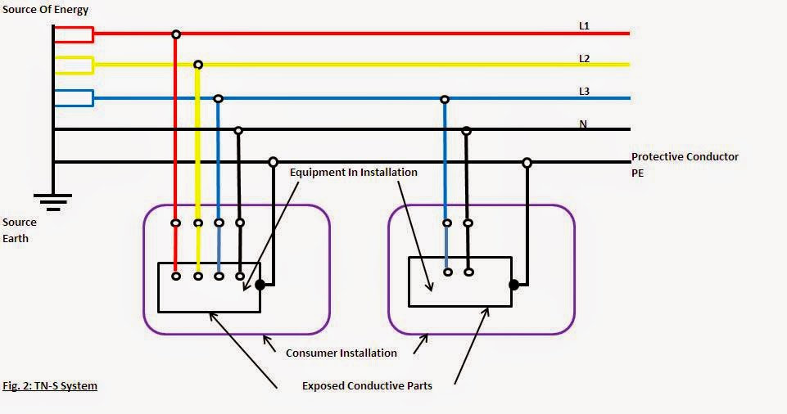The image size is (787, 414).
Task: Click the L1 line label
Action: tap(584, 26)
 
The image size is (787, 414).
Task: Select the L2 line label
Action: tap(584, 59)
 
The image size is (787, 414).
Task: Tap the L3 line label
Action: tap(584, 91)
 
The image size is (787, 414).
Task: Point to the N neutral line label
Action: tap(583, 124)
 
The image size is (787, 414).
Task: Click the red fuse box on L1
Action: tap(74, 34)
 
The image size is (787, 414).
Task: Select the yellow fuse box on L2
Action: tap(74, 65)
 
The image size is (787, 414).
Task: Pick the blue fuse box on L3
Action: tap(74, 98)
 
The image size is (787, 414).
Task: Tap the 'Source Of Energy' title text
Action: tap(45, 10)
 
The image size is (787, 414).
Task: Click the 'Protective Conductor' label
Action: tap(685, 156)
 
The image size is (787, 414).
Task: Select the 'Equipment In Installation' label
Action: tap(353, 173)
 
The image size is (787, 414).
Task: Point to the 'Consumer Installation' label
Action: tap(341, 353)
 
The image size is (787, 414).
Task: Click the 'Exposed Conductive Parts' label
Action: tap(367, 385)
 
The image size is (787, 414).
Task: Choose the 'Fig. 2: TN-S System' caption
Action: tap(50, 385)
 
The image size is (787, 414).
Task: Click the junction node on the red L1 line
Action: tap(175, 34)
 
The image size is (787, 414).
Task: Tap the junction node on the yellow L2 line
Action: tap(197, 65)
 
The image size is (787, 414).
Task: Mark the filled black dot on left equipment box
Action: tap(260, 286)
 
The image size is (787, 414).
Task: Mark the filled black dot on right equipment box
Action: tap(513, 285)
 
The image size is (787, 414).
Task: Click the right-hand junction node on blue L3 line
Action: tap(445, 99)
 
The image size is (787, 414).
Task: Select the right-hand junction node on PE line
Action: tap(527, 163)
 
